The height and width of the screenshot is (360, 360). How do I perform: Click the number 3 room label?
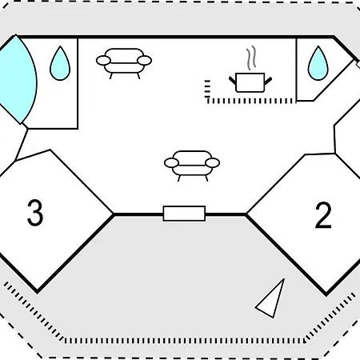tap(35, 213)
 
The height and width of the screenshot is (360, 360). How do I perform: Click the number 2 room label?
tap(323, 215)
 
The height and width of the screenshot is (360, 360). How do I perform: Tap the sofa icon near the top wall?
tap(124, 63)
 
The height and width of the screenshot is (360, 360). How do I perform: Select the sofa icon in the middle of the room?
tap(192, 166)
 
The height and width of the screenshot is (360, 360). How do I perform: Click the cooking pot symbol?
tap(250, 82)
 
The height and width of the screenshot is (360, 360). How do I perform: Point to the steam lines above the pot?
tap(251, 58)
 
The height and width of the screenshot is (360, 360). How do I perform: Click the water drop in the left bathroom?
tap(60, 63)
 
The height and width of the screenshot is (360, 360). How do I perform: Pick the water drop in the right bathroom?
tap(318, 63)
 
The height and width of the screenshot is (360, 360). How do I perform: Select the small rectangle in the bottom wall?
tap(184, 214)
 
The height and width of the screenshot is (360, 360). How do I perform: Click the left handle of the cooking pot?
tap(232, 80)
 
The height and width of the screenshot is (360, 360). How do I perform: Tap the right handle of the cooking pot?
tap(268, 80)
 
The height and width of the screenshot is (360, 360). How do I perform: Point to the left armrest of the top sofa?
tap(103, 61)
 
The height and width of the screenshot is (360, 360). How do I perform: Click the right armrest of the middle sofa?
tap(213, 162)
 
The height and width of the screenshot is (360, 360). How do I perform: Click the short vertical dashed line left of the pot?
tap(207, 89)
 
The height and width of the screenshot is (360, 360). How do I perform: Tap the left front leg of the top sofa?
tap(110, 76)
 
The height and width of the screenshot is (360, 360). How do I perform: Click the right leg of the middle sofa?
tap(206, 178)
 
